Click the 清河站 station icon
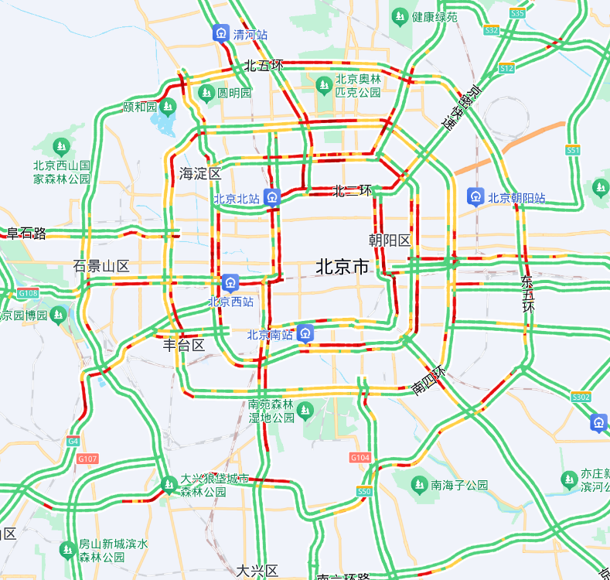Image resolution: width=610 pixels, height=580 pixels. (221, 33)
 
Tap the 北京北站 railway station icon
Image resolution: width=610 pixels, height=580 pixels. (271, 197)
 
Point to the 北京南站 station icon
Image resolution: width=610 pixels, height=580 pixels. (305, 334)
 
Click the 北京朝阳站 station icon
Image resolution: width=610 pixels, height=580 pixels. (475, 197)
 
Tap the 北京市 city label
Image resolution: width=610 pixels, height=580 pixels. (342, 268)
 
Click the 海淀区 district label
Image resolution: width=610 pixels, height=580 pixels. (200, 173)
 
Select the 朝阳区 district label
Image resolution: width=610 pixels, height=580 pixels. (390, 240)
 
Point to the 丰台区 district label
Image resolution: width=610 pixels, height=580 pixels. (184, 345)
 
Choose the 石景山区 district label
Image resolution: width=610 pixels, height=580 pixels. (101, 266)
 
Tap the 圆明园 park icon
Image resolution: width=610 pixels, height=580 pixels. (206, 93)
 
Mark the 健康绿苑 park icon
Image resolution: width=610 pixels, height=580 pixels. (400, 15)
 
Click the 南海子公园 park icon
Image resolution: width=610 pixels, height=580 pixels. (419, 485)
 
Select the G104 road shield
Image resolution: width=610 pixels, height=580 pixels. (360, 458)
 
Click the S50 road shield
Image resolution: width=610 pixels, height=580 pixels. (365, 491)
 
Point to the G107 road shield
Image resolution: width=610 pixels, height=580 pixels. (88, 459)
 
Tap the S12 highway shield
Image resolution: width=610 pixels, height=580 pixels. (506, 68)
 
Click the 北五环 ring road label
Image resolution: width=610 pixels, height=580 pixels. (264, 66)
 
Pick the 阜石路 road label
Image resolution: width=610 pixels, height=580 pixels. (27, 234)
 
